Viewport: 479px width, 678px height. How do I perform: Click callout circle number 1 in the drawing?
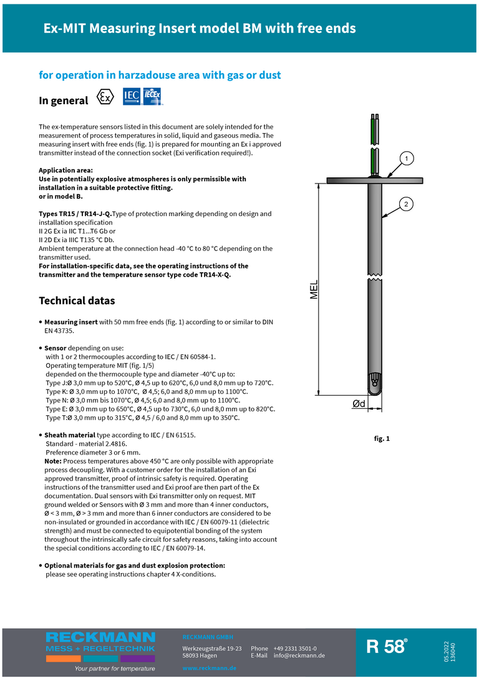(406, 159)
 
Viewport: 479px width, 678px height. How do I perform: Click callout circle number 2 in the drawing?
(406, 204)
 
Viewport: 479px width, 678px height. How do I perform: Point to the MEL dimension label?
(314, 289)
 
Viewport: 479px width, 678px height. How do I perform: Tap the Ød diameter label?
(359, 404)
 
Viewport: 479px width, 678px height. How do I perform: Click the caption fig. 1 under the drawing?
(382, 439)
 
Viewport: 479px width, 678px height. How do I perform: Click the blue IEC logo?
(131, 96)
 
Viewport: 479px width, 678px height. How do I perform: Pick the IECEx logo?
(153, 96)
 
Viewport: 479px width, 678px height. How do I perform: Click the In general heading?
(64, 101)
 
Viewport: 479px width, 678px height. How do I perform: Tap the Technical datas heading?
(77, 300)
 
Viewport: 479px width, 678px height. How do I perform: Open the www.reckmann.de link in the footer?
(210, 668)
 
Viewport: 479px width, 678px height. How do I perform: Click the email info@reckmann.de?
(299, 656)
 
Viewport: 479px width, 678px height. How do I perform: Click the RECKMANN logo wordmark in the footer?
(100, 637)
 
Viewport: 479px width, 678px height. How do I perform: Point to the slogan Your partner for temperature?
(115, 669)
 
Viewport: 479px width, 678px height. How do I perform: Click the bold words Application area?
(65, 170)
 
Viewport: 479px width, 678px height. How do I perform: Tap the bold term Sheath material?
(70, 435)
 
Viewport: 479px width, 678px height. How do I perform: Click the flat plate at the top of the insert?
(375, 180)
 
